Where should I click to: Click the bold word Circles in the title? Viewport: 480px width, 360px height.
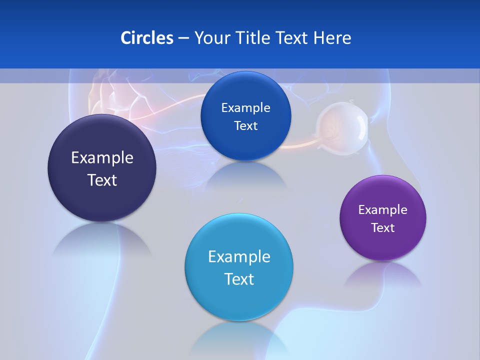[x=146, y=38]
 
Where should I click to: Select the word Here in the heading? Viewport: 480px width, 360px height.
[x=332, y=38]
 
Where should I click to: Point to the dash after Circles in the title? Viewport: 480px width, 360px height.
[x=183, y=38]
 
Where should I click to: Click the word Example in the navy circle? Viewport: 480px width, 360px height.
[x=102, y=158]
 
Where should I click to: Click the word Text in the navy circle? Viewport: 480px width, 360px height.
[x=102, y=180]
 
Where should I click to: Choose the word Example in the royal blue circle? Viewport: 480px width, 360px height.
[x=245, y=108]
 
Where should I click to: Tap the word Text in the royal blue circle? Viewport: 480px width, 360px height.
[x=245, y=126]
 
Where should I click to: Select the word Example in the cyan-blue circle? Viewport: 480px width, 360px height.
[x=239, y=257]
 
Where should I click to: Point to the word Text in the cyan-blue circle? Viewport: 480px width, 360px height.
[x=239, y=279]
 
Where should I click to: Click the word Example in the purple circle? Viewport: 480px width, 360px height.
[x=383, y=210]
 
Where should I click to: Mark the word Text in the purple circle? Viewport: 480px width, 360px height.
[x=383, y=228]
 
